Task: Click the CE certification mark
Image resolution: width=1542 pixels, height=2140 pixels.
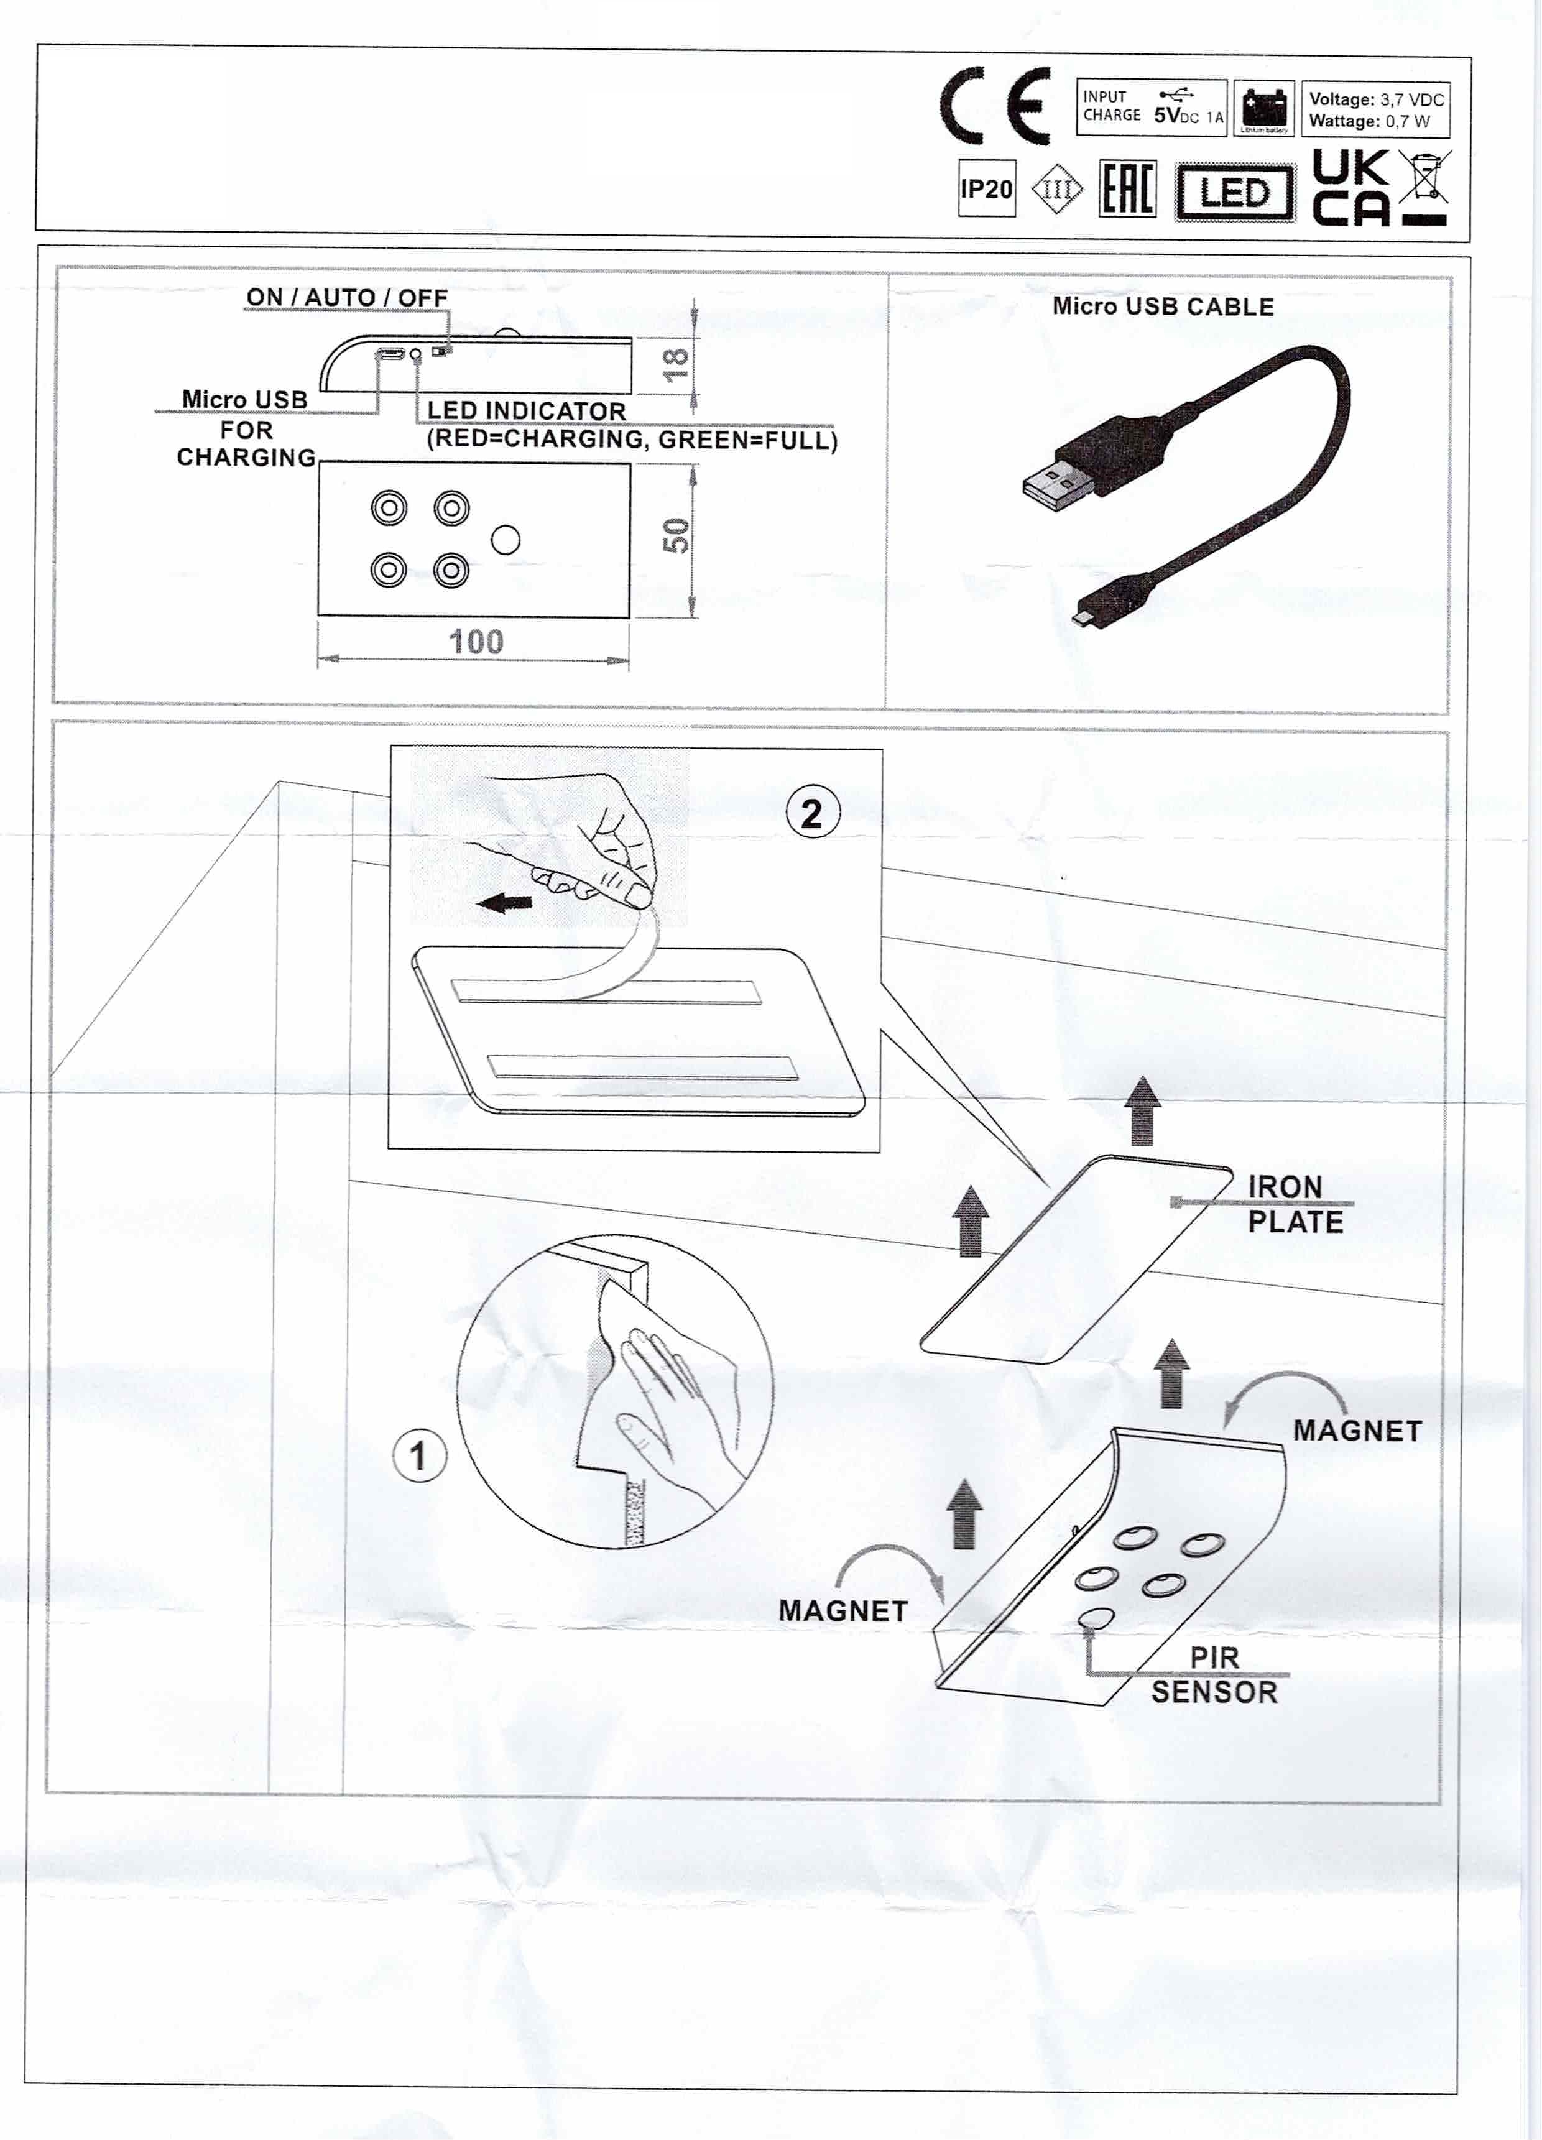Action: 995,106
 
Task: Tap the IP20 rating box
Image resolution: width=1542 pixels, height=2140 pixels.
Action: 986,189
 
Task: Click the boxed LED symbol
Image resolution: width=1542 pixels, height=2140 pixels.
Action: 1234,193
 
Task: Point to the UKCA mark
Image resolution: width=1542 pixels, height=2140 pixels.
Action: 1351,189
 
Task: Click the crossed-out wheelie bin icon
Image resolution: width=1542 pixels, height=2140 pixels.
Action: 1425,179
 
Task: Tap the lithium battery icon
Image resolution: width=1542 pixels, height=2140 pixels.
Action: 1263,106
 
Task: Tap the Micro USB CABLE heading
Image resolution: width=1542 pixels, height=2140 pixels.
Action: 1163,307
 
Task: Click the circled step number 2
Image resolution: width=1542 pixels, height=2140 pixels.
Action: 811,813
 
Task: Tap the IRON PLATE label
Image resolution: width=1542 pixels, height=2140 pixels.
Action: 1295,1204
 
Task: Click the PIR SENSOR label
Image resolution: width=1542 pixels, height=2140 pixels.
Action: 1214,1675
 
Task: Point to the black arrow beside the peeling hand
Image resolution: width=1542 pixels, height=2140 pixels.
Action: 505,903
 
